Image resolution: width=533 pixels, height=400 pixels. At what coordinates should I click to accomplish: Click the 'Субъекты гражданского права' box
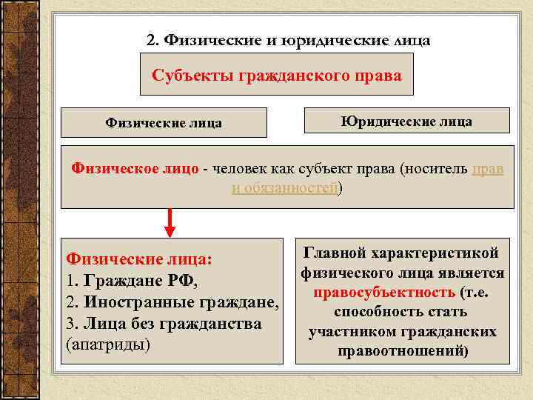pos(276,76)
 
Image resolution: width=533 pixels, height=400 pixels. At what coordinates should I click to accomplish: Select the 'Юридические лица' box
pos(406,121)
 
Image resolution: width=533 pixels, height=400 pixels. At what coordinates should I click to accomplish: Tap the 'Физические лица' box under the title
pos(164,123)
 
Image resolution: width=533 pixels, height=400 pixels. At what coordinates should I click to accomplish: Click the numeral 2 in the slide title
pos(151,39)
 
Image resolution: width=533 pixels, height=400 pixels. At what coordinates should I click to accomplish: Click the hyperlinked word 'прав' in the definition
pos(488,168)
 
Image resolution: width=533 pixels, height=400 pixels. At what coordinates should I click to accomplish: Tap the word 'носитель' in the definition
pos(436,168)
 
